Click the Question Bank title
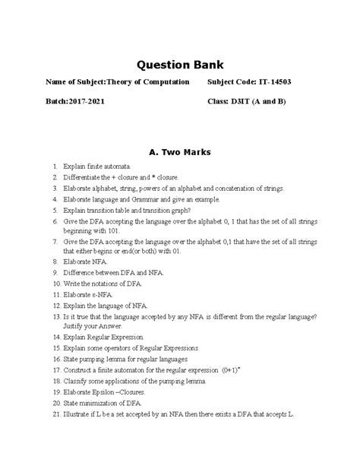[179, 63]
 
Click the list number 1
[55, 165]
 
